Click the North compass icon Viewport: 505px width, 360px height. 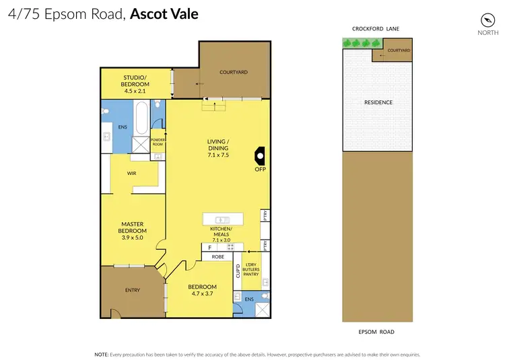tap(487, 20)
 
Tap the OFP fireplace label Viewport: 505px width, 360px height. tap(261, 169)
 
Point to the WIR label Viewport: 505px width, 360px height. tap(132, 173)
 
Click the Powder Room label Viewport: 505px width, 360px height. tap(157, 142)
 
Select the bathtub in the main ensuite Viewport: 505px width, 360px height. tap(141, 118)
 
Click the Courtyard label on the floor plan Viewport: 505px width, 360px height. tap(234, 72)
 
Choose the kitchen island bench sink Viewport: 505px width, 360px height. tap(222, 219)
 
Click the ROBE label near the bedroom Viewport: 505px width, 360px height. tap(217, 256)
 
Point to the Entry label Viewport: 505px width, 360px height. tap(133, 290)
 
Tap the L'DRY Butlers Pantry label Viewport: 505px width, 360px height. tap(252, 270)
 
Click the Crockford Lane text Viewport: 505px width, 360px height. tap(376, 29)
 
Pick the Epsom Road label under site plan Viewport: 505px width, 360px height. tap(376, 332)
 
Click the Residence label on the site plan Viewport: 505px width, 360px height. tap(378, 102)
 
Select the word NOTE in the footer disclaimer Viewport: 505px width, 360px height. tap(102, 353)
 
